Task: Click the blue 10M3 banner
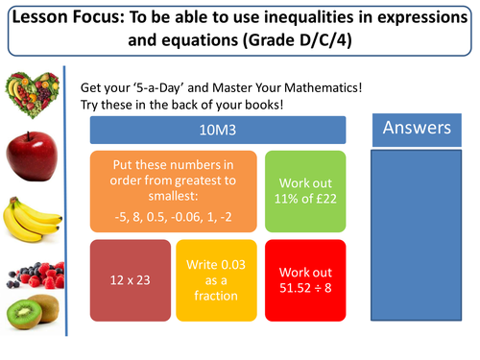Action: coord(217,131)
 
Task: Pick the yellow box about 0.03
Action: coord(217,285)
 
